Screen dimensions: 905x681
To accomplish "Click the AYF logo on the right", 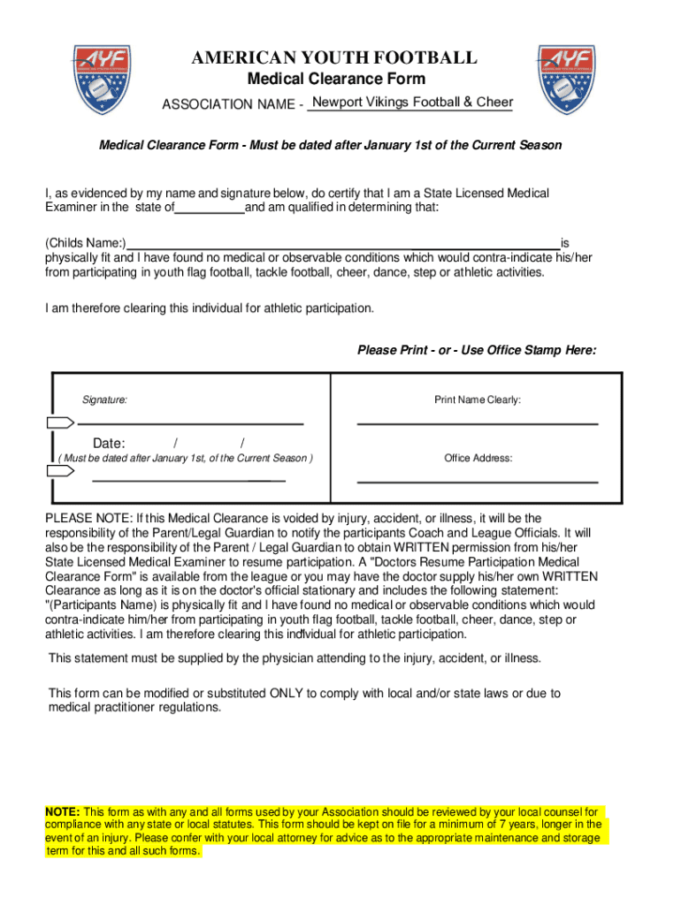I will tap(566, 80).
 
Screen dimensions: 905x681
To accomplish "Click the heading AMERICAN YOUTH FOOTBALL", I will tap(335, 58).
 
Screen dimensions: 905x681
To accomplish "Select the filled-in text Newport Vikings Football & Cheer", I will tap(412, 103).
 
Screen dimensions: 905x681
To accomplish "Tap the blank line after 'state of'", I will tap(210, 209).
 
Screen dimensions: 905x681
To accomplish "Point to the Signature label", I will tap(104, 400).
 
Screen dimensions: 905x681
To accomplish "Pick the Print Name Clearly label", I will tap(478, 400).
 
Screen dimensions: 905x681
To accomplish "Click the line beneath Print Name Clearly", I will tap(478, 424).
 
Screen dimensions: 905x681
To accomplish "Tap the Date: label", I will tap(109, 443).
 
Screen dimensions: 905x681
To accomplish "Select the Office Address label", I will tap(478, 458).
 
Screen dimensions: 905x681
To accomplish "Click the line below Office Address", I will tap(478, 482).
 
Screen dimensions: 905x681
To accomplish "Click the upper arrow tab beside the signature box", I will tap(59, 421).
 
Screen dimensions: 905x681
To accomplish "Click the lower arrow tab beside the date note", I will tap(59, 471).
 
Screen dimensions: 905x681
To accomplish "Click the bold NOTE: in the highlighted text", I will tap(63, 811).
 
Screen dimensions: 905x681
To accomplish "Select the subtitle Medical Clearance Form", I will tap(335, 80).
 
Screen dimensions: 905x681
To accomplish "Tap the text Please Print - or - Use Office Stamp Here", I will tap(477, 350).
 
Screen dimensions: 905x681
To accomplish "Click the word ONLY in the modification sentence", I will tap(287, 694).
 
